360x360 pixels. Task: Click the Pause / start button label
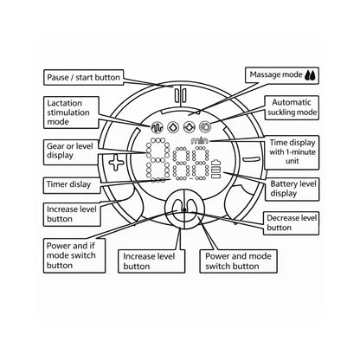[84, 77]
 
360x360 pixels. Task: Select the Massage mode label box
[282, 75]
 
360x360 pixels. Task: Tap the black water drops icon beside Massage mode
[311, 75]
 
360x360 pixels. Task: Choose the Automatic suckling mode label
[292, 107]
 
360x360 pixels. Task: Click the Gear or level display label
[71, 151]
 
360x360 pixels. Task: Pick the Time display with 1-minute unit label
[292, 152]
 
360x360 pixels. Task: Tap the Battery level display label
[292, 189]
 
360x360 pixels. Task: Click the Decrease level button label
[291, 223]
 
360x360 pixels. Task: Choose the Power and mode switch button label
[238, 261]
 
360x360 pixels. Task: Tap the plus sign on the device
[116, 163]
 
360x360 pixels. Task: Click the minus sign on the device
[251, 159]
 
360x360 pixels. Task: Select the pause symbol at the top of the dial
[180, 95]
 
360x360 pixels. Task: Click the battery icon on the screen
[216, 169]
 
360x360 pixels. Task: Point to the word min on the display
[199, 141]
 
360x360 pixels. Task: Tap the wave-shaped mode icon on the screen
[157, 127]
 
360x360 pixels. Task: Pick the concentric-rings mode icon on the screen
[205, 126]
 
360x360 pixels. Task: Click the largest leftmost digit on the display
[158, 160]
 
